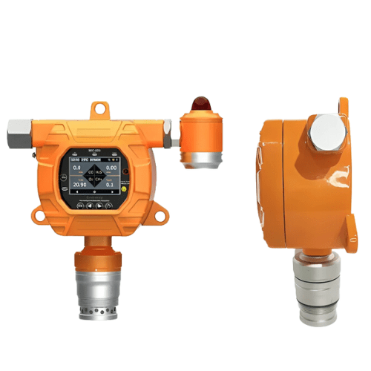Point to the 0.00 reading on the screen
pyautogui.click(x=109, y=169)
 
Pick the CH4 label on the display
pyautogui.click(x=99, y=179)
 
